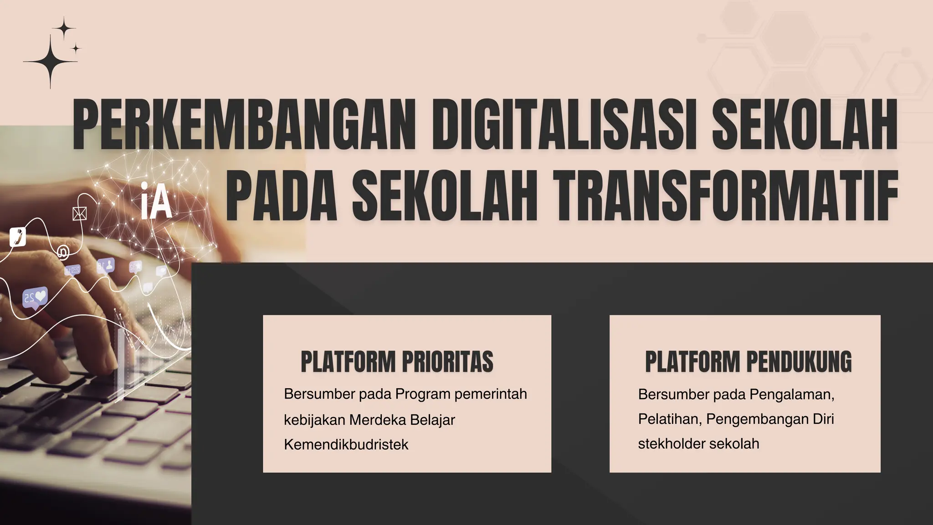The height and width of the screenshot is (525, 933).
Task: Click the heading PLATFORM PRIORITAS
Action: (x=397, y=362)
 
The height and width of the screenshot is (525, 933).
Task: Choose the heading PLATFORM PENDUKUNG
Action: (x=748, y=362)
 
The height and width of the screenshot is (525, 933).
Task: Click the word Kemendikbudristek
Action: (x=346, y=444)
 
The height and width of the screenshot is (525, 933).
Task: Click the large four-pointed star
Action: (x=50, y=61)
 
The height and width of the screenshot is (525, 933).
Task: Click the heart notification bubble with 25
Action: (x=35, y=298)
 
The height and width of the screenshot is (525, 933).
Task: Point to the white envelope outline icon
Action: (x=80, y=213)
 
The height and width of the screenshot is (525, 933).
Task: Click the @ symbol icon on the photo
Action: (x=63, y=252)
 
